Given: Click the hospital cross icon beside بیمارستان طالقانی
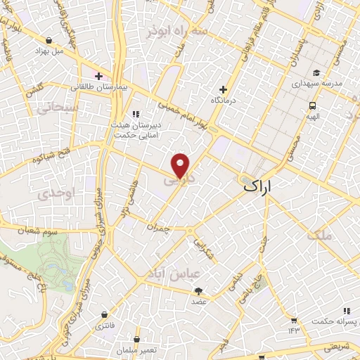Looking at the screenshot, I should (98, 76).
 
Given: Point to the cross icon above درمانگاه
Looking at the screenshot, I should (223, 89).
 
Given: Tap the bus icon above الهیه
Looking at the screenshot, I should (311, 105).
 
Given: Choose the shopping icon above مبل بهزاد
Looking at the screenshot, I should (49, 41).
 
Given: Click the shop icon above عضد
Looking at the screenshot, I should (199, 290).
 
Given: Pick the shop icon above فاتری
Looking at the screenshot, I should (105, 314).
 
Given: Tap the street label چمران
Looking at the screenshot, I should (159, 227).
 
